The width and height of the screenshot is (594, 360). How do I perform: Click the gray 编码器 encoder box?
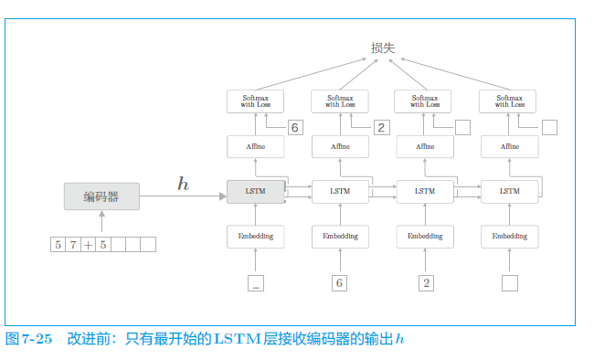(x=101, y=196)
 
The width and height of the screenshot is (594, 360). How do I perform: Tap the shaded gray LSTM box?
(x=256, y=191)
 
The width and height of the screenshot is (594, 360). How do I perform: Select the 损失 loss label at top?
(x=383, y=48)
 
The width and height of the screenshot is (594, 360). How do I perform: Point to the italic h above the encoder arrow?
(x=184, y=184)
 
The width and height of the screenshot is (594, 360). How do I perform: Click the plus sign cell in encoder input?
(x=88, y=245)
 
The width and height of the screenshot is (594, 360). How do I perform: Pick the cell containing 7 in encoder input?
(x=73, y=245)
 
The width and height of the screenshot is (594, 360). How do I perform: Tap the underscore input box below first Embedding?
(x=256, y=283)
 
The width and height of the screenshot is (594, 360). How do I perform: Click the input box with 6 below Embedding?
(x=339, y=283)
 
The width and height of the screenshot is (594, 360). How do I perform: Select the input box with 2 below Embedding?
(x=426, y=283)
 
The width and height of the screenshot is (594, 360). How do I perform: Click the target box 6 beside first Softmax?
(x=295, y=127)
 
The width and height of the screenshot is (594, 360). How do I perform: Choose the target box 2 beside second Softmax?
(x=381, y=127)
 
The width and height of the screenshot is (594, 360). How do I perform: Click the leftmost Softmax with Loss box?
(x=255, y=101)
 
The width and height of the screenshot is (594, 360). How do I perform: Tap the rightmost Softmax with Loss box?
(x=507, y=101)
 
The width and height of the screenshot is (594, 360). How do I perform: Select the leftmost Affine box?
(x=256, y=146)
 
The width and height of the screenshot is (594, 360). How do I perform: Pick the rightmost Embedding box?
(x=510, y=237)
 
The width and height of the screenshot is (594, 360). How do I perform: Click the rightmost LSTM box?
(x=510, y=191)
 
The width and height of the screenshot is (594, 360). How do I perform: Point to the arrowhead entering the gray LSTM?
(x=223, y=196)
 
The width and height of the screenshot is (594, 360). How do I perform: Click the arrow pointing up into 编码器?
(x=101, y=221)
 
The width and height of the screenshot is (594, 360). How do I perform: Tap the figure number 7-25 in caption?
(x=37, y=339)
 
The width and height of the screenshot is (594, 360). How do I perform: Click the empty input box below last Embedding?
(x=510, y=283)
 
